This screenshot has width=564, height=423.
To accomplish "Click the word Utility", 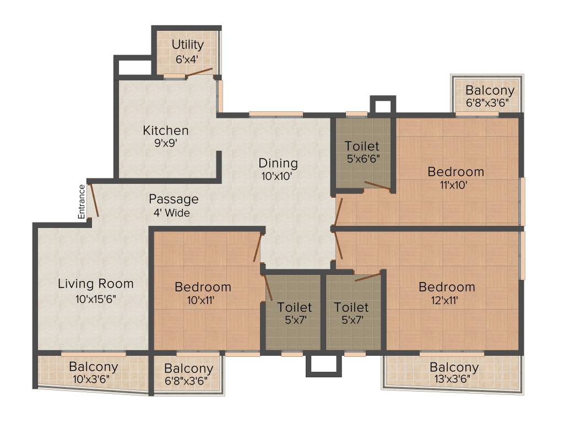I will click(187, 45).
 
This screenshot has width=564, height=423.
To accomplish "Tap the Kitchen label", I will click(166, 131).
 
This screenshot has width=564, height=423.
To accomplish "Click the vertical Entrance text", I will click(82, 202).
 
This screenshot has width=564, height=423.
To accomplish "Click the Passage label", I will click(173, 199).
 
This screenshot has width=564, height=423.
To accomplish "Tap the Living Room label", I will click(96, 284).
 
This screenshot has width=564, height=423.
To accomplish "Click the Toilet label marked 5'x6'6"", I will click(362, 146).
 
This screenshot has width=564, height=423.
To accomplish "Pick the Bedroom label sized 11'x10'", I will click(455, 172).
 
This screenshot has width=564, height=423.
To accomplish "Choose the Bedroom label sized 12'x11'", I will click(447, 287).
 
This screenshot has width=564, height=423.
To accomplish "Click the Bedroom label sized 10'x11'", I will click(203, 287).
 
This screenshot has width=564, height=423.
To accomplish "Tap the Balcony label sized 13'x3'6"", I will click(454, 367).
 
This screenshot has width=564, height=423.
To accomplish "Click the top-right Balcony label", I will click(490, 90).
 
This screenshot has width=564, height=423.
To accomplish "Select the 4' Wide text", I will click(172, 213).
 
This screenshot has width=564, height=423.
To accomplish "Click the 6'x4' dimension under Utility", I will click(187, 58).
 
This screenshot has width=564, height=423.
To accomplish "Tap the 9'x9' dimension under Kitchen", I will click(166, 144).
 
